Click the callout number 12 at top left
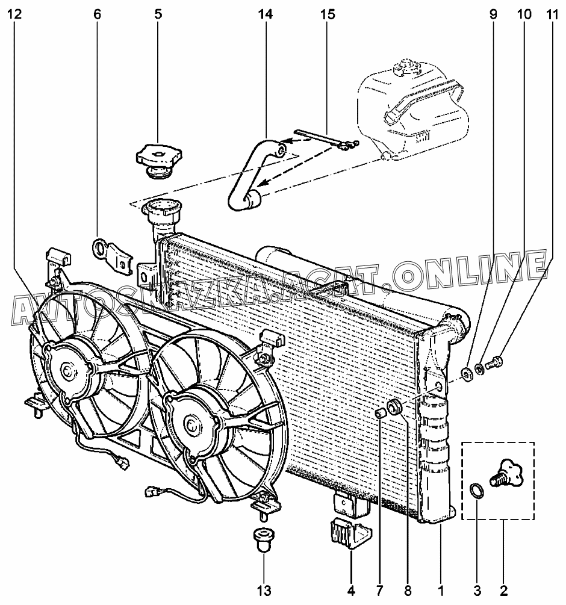pyautogui.click(x=14, y=14)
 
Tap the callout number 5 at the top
pyautogui.click(x=158, y=14)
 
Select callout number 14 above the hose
pyautogui.click(x=266, y=14)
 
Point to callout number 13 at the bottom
pyautogui.click(x=264, y=591)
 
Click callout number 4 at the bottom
pyautogui.click(x=351, y=591)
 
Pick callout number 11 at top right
pyautogui.click(x=552, y=14)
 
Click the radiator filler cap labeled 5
pyautogui.click(x=158, y=161)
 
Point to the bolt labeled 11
pyautogui.click(x=494, y=362)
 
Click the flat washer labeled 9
pyautogui.click(x=466, y=373)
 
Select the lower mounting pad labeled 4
pyautogui.click(x=350, y=533)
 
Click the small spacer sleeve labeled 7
pyautogui.click(x=381, y=413)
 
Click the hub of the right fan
pyautogui.click(x=190, y=425)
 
